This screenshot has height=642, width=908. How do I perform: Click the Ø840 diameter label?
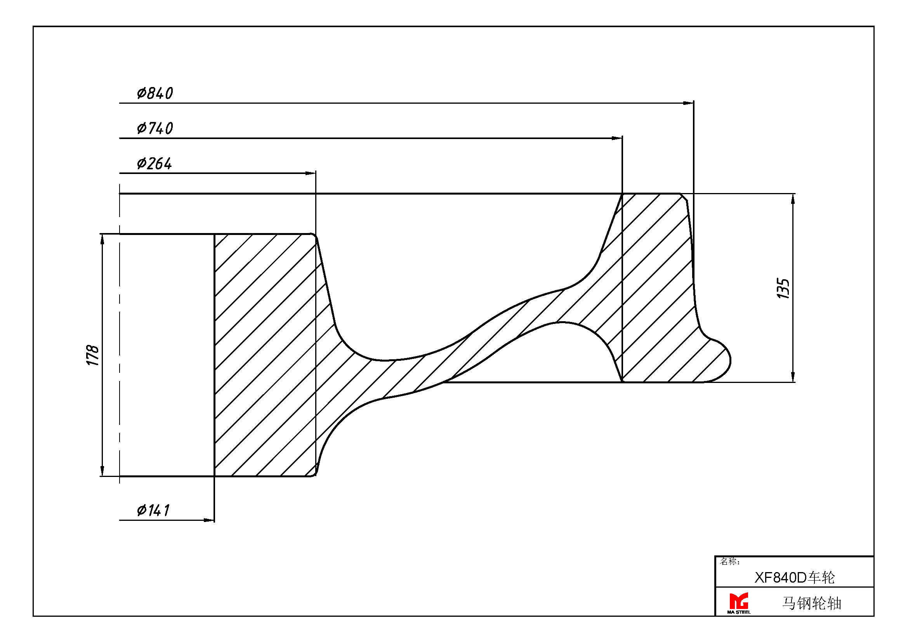click(155, 93)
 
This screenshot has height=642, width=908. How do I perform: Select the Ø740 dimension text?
click(155, 128)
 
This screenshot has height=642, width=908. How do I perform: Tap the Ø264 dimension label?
click(154, 164)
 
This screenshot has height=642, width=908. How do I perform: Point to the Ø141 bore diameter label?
click(153, 510)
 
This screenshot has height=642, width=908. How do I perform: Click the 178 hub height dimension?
click(92, 355)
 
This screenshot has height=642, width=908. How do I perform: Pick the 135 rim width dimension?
click(783, 288)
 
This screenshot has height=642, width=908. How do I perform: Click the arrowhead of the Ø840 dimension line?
click(689, 103)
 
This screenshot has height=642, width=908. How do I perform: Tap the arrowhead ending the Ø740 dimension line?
click(617, 138)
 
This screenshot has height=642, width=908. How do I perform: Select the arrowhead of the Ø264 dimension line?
click(311, 173)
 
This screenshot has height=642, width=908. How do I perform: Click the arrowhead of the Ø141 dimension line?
click(209, 520)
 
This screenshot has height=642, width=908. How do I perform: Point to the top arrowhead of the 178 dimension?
click(102, 239)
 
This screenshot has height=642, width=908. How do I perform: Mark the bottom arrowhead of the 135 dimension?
click(793, 377)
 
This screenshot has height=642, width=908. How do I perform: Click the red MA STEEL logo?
click(739, 603)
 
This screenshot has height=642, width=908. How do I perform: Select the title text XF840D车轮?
click(795, 578)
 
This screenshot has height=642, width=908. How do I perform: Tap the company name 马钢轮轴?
click(811, 603)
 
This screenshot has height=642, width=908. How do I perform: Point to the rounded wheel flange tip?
click(730, 360)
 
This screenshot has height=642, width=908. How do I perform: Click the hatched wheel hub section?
click(265, 355)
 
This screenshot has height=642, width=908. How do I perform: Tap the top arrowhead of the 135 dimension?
click(793, 199)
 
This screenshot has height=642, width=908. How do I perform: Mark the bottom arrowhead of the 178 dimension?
click(102, 471)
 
